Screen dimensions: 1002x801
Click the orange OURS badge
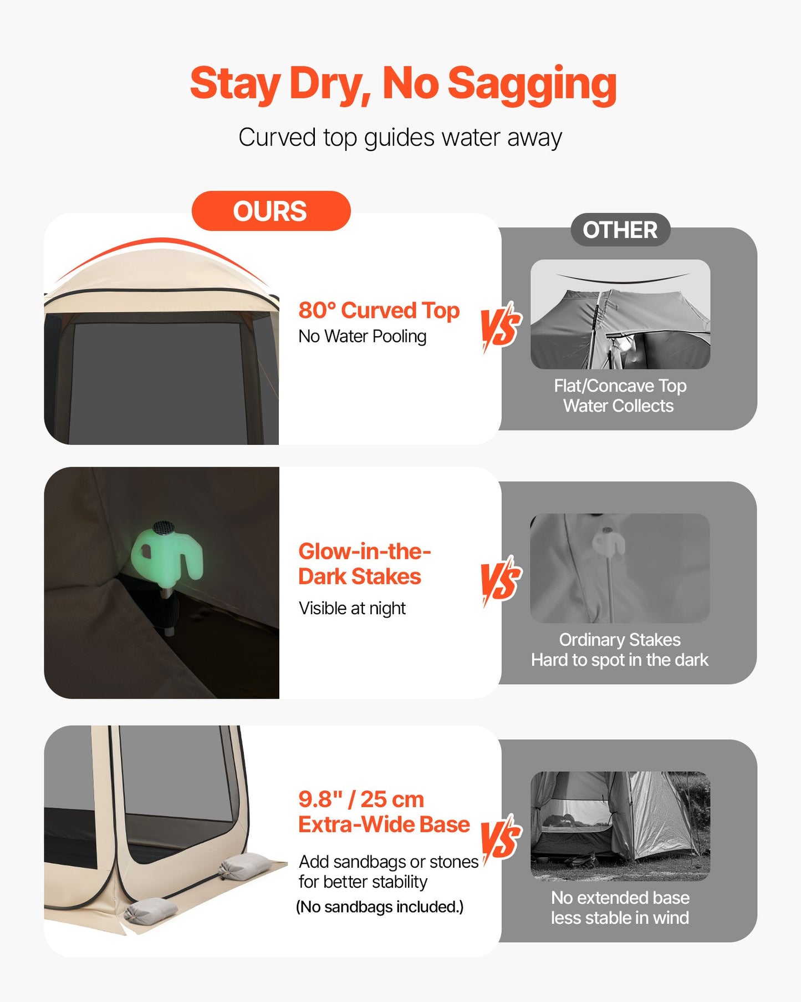[271, 211]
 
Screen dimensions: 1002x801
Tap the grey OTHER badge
[620, 230]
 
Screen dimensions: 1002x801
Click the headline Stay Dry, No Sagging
[403, 84]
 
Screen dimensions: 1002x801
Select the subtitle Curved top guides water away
[400, 138]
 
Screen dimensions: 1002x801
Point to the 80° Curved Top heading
[379, 310]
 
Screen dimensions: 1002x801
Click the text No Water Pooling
[362, 336]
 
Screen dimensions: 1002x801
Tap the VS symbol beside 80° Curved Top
[501, 327]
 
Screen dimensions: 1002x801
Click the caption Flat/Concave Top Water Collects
[620, 396]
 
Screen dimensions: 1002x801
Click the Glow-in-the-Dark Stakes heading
[364, 564]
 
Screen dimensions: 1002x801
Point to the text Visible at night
[352, 608]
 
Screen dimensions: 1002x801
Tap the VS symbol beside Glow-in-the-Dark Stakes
[501, 581]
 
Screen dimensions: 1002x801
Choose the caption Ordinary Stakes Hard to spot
[620, 650]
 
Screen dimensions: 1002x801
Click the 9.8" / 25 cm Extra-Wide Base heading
[384, 812]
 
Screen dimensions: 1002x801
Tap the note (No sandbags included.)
[380, 907]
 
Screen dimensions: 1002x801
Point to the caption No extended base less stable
[620, 908]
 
